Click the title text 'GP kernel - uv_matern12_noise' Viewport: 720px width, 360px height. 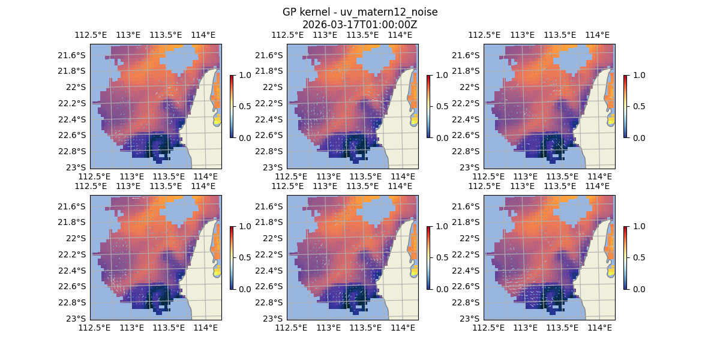pos(360,13)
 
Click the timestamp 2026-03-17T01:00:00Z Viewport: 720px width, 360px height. pos(360,25)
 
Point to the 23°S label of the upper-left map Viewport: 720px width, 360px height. pos(78,167)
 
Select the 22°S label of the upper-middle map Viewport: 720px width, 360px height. pos(275,87)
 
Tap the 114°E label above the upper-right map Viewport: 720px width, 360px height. pos(597,35)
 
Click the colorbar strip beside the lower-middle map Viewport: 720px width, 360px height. pos(429,257)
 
